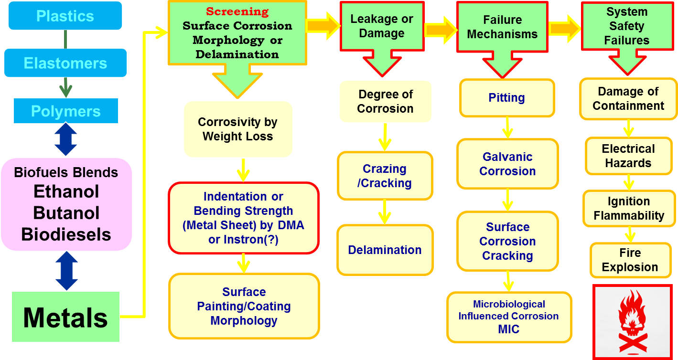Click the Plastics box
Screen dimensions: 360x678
pos(65,16)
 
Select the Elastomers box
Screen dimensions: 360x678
pos(65,63)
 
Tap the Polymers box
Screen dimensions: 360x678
pos(65,111)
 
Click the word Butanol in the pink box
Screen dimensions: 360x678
pos(66,213)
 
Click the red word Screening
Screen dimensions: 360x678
pos(237,11)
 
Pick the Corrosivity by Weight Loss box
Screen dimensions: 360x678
pos(237,129)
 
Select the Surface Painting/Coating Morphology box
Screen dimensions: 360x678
pos(244,306)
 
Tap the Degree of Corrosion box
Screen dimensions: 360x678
pos(385,101)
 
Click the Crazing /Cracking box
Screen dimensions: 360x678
pos(385,176)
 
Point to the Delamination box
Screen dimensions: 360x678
pos(385,250)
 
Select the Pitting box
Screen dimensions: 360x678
pos(506,98)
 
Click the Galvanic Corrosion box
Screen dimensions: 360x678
pos(507,164)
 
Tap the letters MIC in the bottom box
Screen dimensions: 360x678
pos(508,329)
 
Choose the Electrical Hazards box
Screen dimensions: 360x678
pos(628,156)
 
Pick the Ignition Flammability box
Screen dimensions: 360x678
pos(628,209)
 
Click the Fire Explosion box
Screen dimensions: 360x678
pos(630,260)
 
